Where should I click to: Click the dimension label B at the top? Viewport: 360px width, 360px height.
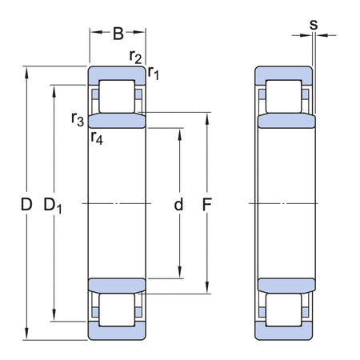point(118,33)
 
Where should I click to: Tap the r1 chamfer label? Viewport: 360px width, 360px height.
point(153,73)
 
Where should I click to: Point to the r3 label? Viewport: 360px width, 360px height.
point(78,120)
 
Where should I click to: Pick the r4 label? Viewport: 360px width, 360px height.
point(97,137)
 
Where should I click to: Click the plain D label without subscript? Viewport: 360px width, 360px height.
point(26,205)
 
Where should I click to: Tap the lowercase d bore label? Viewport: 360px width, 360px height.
point(178,205)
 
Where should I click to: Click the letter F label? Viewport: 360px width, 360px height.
point(206,205)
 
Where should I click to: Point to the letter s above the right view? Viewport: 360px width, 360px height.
point(313,24)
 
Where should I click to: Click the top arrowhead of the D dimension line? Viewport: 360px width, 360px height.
point(28,70)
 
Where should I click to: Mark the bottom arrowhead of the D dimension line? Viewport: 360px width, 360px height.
point(28,334)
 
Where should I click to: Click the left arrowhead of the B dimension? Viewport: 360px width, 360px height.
point(93,34)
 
